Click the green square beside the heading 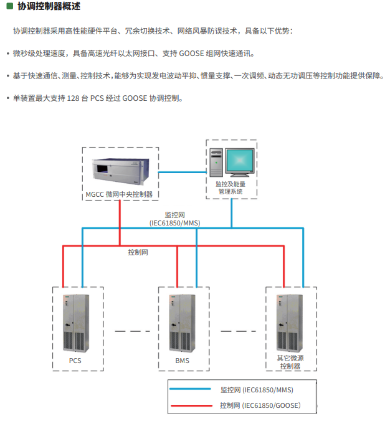click(x=9, y=6)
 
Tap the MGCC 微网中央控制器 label click(x=119, y=195)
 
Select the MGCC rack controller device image click(x=120, y=171)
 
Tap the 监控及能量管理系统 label click(x=230, y=187)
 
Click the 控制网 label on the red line click(x=138, y=252)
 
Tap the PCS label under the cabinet click(x=75, y=361)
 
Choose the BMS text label click(x=182, y=361)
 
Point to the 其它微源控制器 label click(x=290, y=362)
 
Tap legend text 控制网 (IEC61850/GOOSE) click(x=260, y=405)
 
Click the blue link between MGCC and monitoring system click(x=182, y=173)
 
